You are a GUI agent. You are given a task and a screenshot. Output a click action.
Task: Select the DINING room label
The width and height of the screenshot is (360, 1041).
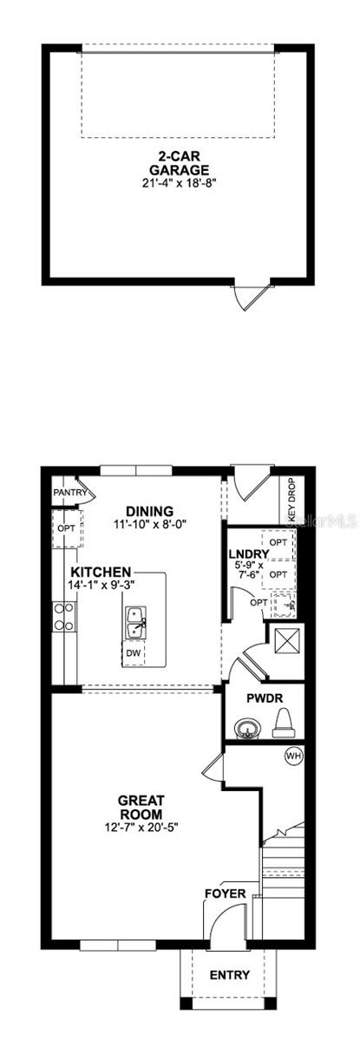click(149, 511)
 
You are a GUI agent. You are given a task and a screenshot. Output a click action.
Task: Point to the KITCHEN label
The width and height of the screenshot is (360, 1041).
click(101, 573)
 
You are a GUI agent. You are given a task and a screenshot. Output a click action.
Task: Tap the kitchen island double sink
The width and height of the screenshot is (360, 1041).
click(134, 619)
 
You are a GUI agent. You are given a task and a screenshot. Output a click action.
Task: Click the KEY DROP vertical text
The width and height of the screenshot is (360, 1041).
click(291, 501)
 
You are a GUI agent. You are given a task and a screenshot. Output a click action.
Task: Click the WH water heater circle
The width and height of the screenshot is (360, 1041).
click(293, 756)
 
